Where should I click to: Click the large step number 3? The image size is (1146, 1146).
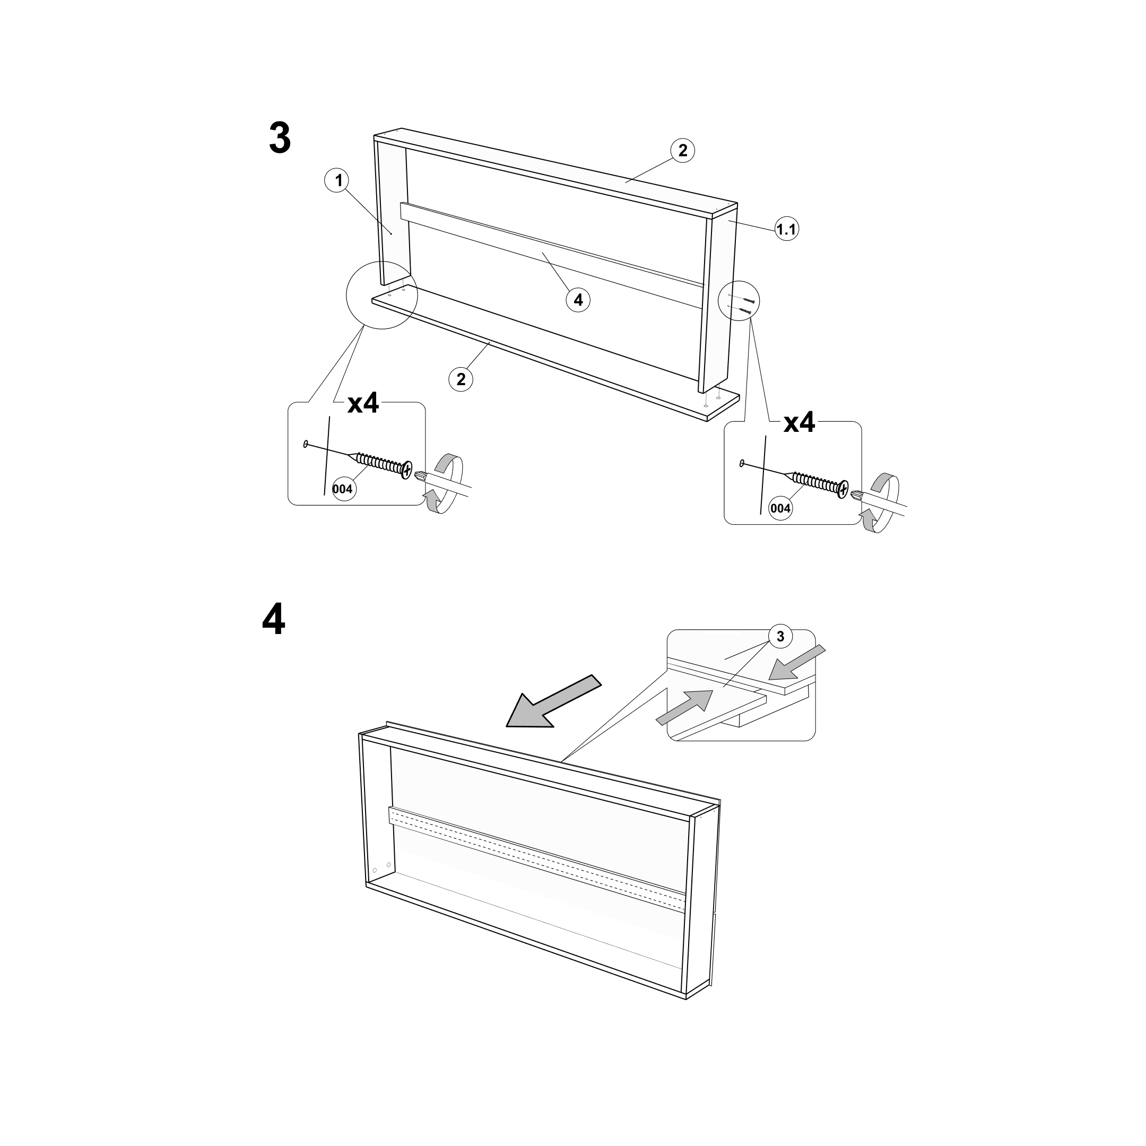pyautogui.click(x=280, y=137)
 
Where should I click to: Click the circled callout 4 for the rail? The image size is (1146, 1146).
pyautogui.click(x=578, y=300)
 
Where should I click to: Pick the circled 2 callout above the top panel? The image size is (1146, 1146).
pyautogui.click(x=683, y=150)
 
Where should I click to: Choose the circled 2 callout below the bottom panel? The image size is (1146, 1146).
pyautogui.click(x=461, y=378)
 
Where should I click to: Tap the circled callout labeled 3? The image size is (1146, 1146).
pyautogui.click(x=780, y=637)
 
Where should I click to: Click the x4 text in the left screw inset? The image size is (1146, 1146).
pyautogui.click(x=363, y=403)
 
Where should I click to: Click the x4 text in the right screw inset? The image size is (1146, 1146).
pyautogui.click(x=800, y=422)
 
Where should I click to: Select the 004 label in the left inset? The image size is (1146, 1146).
pyautogui.click(x=343, y=489)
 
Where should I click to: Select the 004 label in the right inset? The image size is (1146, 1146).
pyautogui.click(x=780, y=508)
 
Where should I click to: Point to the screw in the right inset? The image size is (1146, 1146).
pyautogui.click(x=819, y=481)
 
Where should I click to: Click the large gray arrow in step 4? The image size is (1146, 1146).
pyautogui.click(x=552, y=702)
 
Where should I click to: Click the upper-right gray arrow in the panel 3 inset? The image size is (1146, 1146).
pyautogui.click(x=796, y=663)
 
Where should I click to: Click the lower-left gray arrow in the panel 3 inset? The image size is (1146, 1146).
pyautogui.click(x=684, y=708)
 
